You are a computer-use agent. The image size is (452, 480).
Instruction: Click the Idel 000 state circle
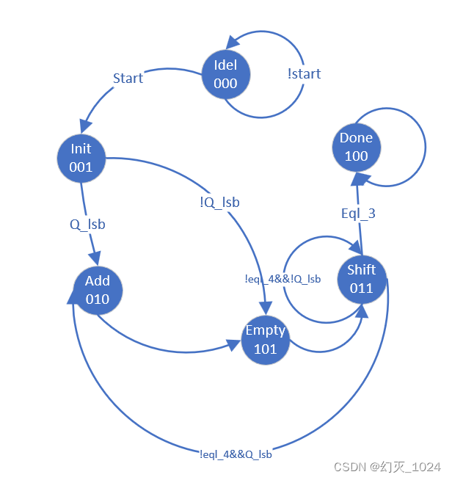pos(225,73)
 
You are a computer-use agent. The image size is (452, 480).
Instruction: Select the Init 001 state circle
pos(81,158)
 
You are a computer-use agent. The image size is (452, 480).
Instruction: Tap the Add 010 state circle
pos(98,290)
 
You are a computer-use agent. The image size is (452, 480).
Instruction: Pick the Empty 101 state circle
pos(265,340)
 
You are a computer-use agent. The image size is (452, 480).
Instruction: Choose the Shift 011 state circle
pos(361,279)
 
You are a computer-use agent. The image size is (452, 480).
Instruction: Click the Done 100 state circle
pos(356,147)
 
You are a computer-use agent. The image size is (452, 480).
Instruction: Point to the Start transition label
pos(128,78)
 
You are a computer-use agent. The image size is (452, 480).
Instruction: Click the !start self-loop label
pos(305,73)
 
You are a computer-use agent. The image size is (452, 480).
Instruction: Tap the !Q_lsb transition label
pos(219,202)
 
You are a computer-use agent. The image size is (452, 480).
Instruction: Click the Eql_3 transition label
pos(359,214)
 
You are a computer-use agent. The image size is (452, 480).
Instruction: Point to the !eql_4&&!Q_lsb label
pos(282,279)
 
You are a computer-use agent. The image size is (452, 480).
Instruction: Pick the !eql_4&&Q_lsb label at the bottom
pos(236,454)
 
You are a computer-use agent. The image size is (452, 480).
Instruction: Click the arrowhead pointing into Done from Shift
pos(356,178)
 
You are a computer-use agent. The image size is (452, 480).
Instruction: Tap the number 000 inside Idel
pos(225,83)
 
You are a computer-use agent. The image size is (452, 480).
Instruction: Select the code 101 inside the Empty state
pos(265,349)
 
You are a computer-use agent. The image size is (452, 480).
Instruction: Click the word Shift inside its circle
pos(361,269)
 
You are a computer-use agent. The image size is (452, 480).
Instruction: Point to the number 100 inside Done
pos(356,156)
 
